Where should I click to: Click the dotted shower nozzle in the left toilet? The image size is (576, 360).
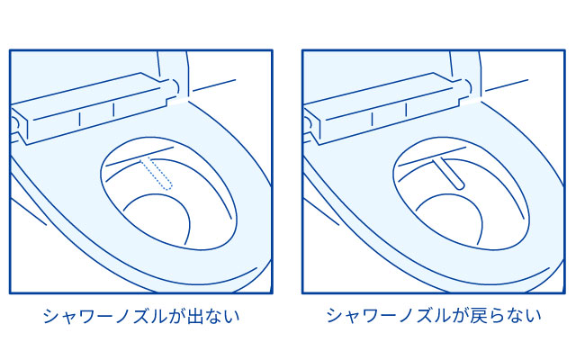click(158, 174)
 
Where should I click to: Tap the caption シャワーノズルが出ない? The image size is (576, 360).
click(142, 316)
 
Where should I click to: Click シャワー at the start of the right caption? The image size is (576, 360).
click(357, 316)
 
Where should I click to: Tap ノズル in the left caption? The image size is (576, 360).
click(135, 316)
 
